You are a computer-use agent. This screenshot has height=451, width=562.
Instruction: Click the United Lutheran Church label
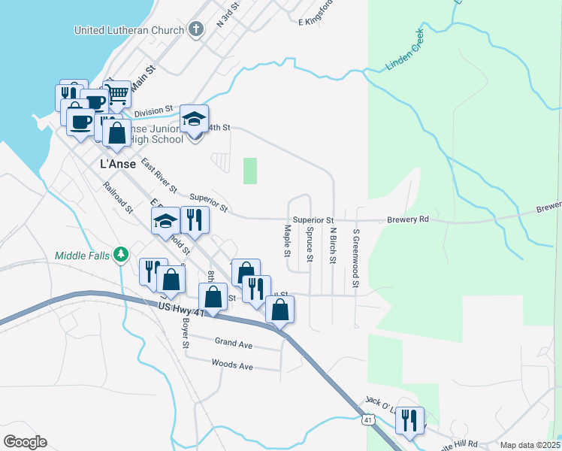click(x=128, y=30)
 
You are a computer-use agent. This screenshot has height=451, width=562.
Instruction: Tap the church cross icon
click(x=195, y=30)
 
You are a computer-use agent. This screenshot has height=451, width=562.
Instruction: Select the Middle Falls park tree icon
click(x=120, y=255)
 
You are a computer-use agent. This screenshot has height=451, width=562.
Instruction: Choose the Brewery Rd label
click(x=408, y=219)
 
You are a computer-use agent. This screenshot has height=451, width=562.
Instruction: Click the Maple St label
click(x=287, y=241)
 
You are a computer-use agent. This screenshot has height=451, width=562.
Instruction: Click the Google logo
click(x=25, y=442)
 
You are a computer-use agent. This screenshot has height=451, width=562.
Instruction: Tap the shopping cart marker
click(x=117, y=94)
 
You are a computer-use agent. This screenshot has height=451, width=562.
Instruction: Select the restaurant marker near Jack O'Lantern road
click(x=409, y=420)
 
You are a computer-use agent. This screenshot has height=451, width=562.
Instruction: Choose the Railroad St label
click(x=118, y=197)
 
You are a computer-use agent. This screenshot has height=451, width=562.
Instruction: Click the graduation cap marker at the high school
click(x=194, y=119)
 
